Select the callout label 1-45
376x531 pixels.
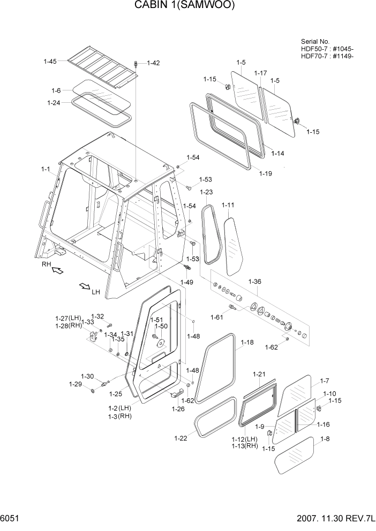click(x=50, y=62)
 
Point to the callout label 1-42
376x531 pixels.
click(x=153, y=63)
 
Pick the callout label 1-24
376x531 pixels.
click(x=54, y=103)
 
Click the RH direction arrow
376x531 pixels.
click(x=56, y=271)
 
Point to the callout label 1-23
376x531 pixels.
click(x=206, y=192)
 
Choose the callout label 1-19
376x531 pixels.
click(x=266, y=173)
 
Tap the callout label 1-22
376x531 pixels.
click(x=181, y=438)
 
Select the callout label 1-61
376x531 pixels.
click(x=217, y=317)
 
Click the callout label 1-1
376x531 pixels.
click(x=45, y=169)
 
